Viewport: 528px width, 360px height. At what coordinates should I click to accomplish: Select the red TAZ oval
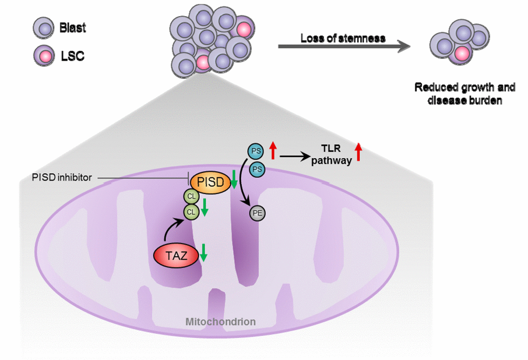[x=177, y=255]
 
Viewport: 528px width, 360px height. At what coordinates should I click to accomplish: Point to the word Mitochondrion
[x=221, y=322]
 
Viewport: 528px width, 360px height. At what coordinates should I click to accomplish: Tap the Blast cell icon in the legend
[x=45, y=28]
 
